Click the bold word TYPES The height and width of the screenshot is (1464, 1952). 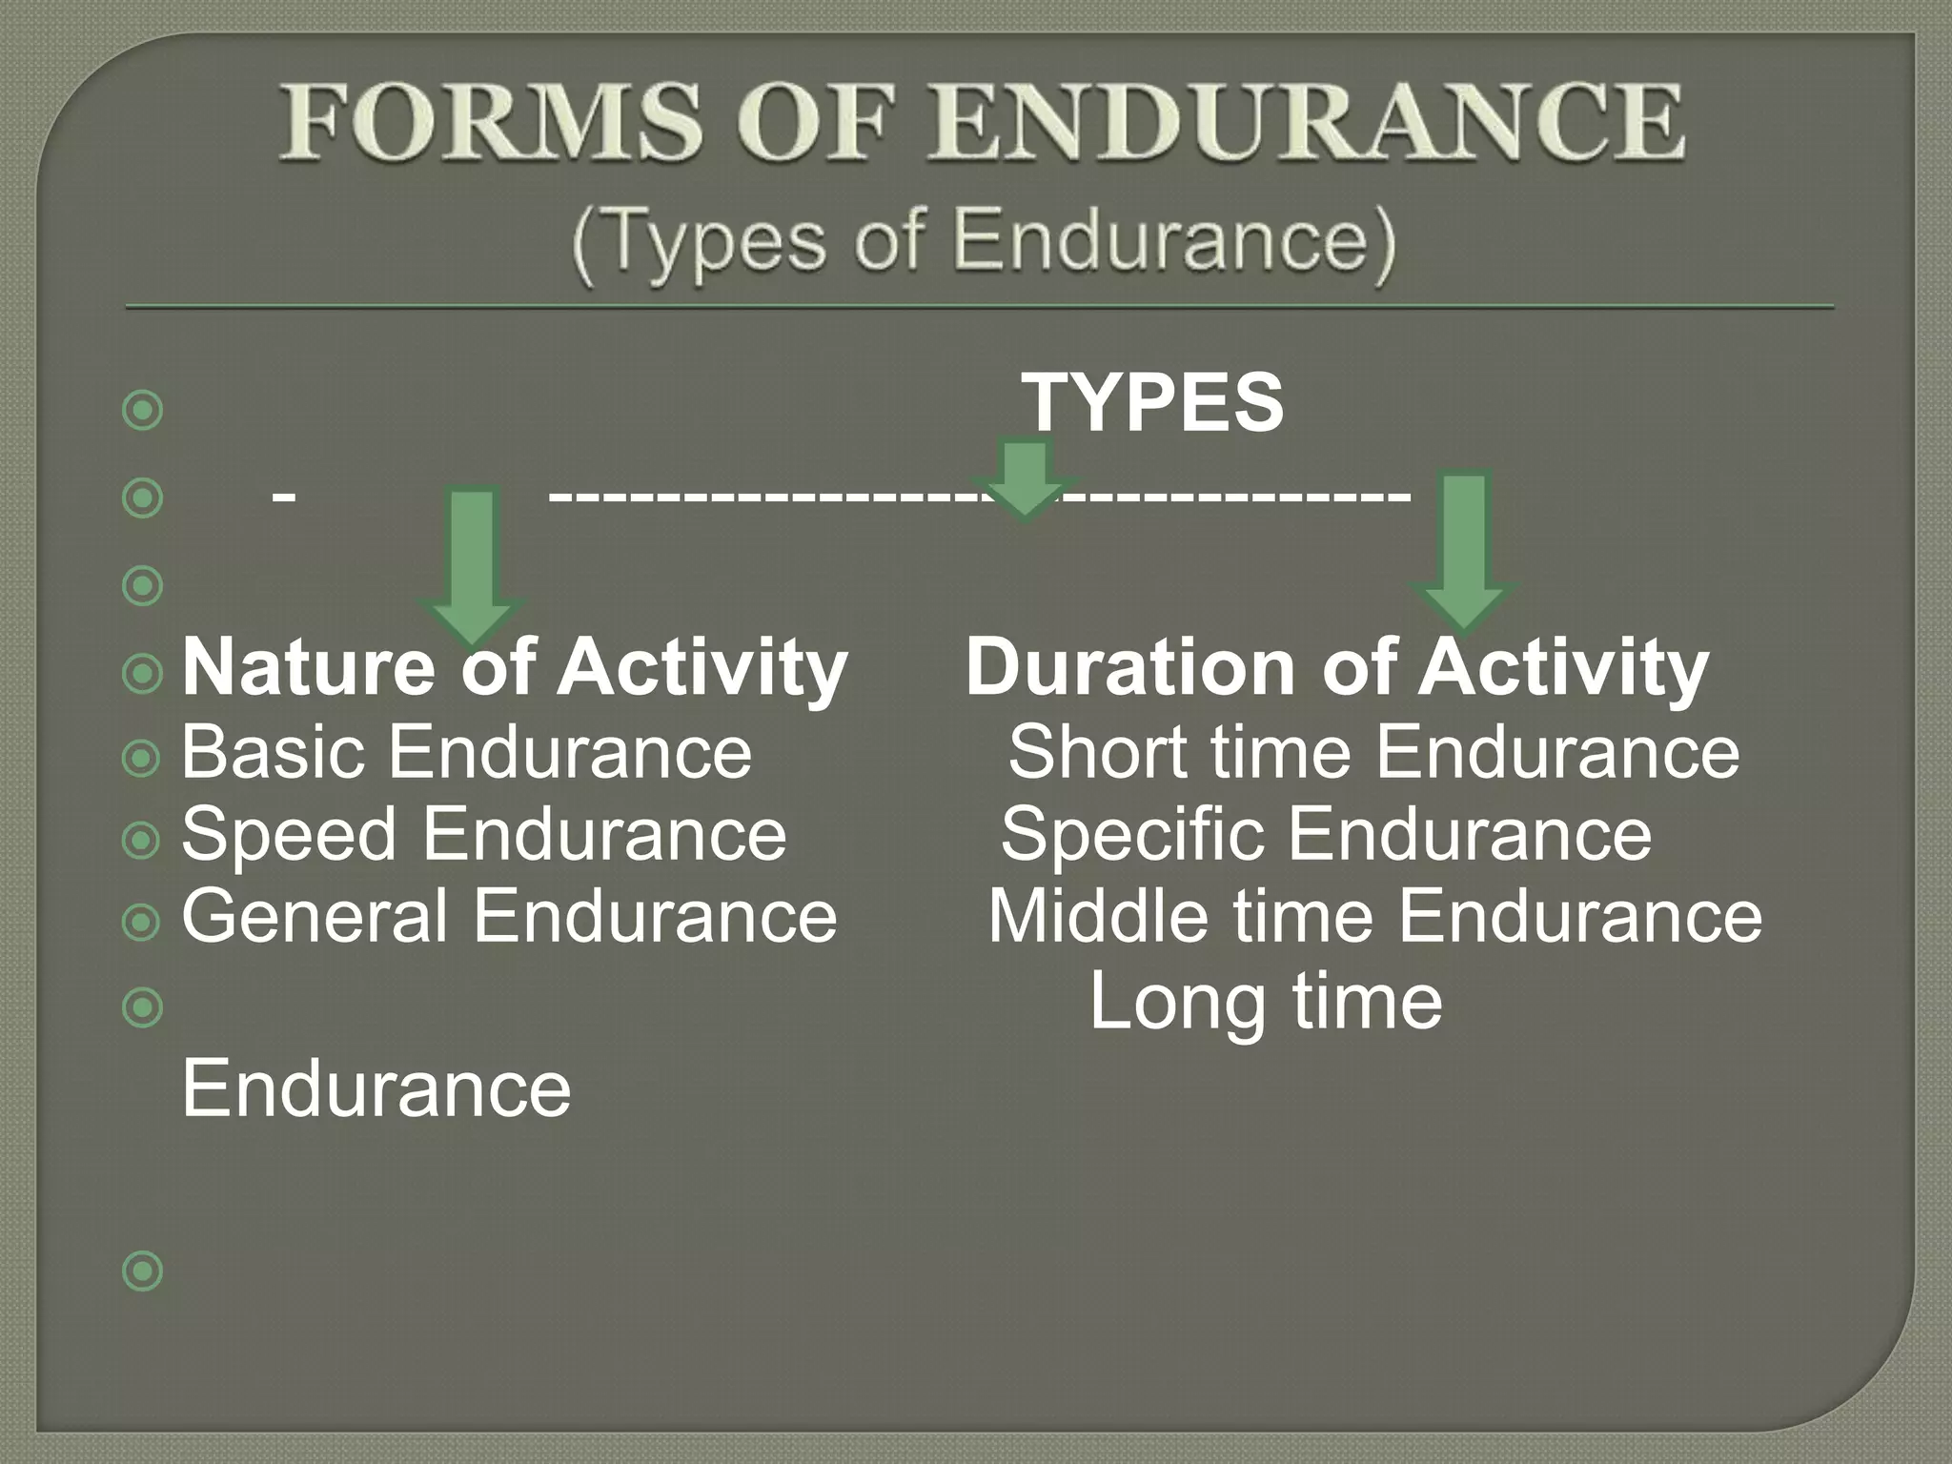(1154, 402)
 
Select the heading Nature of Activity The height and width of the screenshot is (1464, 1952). (515, 667)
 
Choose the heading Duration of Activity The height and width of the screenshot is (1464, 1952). (1336, 667)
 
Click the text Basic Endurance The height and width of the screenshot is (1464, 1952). (466, 752)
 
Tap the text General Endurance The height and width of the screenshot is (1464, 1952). (509, 916)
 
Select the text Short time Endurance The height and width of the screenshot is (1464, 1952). (1373, 752)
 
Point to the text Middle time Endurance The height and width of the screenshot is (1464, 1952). (1374, 916)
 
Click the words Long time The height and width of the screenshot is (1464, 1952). (1266, 1001)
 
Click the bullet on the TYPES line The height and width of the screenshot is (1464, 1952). (143, 411)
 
